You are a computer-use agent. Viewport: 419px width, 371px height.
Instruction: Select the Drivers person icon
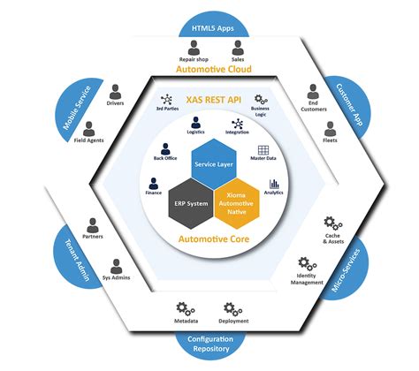point(115,90)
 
